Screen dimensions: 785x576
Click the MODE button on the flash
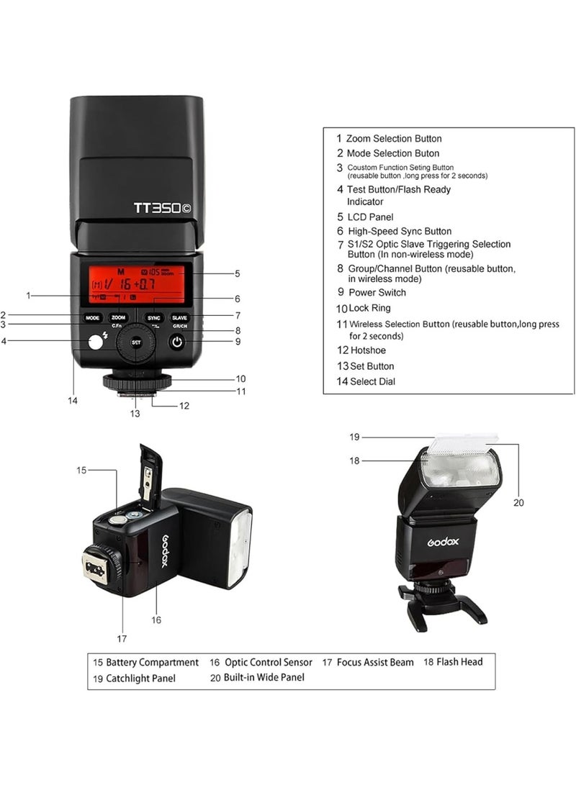point(92,317)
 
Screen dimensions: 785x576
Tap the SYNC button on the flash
point(153,317)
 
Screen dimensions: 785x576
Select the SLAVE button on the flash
point(179,317)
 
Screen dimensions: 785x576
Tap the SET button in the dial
point(136,342)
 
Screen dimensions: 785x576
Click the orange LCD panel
point(136,283)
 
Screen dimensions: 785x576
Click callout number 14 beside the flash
point(73,401)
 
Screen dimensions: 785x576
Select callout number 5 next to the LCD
point(237,273)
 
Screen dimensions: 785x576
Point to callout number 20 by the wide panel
point(518,503)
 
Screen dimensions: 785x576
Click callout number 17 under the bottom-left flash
point(122,637)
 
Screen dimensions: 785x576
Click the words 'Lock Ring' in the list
point(371,308)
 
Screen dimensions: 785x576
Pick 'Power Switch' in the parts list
point(377,293)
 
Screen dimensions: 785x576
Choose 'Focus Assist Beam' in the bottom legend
point(377,662)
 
